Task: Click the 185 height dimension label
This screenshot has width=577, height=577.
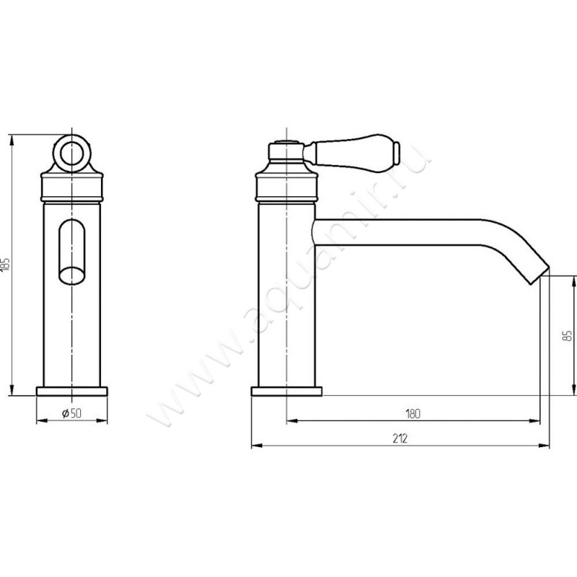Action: click(x=5, y=264)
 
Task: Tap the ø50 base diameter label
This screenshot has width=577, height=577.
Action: click(x=71, y=413)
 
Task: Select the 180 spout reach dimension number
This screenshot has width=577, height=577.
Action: click(x=413, y=413)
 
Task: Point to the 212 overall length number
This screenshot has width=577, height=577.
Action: click(x=400, y=439)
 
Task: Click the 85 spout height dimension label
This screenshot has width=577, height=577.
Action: click(x=568, y=335)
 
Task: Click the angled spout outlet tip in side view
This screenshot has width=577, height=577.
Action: click(x=539, y=275)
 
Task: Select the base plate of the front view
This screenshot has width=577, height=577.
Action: click(x=71, y=391)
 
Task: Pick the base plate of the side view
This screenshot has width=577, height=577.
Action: click(x=286, y=391)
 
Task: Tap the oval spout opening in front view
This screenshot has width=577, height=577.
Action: click(x=71, y=276)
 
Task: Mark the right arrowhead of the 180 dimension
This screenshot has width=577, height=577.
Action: click(x=534, y=420)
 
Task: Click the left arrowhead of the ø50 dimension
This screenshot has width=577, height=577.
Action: click(x=42, y=420)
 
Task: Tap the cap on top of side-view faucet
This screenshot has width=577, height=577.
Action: click(x=286, y=151)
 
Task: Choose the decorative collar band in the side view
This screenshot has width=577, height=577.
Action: click(x=286, y=188)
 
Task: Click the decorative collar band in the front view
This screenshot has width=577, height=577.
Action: click(x=71, y=188)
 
